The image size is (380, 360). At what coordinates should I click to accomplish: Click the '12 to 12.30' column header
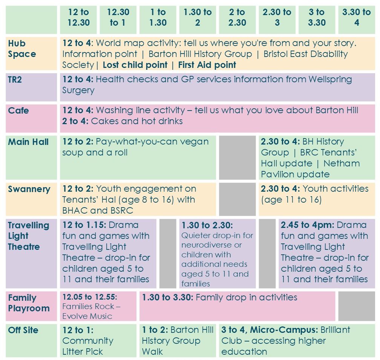click(79, 17)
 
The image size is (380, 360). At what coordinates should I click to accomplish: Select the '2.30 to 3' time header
click(277, 17)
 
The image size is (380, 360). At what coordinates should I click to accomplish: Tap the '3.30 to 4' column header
click(356, 17)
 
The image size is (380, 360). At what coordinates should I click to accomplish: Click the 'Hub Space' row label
click(22, 49)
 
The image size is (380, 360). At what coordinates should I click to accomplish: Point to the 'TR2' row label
click(15, 80)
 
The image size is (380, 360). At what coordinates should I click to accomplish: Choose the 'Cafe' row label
click(18, 111)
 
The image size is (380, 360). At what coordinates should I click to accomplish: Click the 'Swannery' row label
click(29, 189)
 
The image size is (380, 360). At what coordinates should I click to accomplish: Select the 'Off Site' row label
click(23, 330)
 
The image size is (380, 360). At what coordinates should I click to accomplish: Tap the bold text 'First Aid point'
click(207, 65)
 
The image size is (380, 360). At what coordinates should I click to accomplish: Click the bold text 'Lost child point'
click(135, 65)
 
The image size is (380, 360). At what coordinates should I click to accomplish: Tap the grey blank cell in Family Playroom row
click(356, 306)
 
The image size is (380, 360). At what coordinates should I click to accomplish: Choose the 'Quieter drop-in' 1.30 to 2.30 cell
click(218, 254)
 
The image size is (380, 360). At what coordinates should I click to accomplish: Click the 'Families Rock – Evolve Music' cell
click(98, 306)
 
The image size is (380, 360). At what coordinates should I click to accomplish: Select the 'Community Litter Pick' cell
click(98, 340)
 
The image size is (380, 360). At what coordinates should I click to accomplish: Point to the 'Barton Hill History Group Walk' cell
click(178, 340)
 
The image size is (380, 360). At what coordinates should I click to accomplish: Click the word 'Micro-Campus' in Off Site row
click(283, 330)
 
